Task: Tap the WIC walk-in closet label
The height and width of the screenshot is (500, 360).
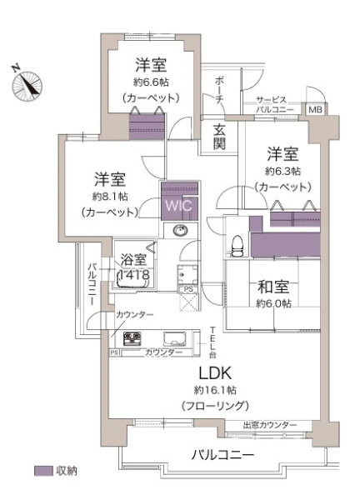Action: click(179, 205)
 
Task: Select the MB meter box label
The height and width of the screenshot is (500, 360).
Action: click(315, 110)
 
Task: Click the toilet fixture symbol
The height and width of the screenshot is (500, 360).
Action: click(237, 246)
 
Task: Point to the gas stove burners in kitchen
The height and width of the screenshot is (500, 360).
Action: click(132, 338)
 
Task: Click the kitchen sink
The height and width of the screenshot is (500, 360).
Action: click(175, 339)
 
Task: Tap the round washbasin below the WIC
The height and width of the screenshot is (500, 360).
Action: click(181, 230)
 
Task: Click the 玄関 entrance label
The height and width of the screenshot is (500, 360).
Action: click(219, 137)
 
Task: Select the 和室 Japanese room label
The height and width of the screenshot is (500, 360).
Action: click(273, 287)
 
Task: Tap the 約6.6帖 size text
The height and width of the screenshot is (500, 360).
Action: click(151, 82)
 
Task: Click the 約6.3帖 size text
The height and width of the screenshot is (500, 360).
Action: click(282, 171)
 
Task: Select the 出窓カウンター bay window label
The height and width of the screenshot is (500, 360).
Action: click(270, 425)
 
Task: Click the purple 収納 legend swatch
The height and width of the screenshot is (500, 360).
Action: click(43, 471)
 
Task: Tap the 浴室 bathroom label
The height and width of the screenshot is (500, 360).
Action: click(133, 259)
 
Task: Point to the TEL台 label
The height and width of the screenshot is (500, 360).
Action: click(212, 342)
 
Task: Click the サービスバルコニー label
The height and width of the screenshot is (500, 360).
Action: click(275, 105)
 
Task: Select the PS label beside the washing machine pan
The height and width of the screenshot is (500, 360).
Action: click(189, 289)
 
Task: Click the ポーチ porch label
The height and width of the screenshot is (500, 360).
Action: click(219, 90)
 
